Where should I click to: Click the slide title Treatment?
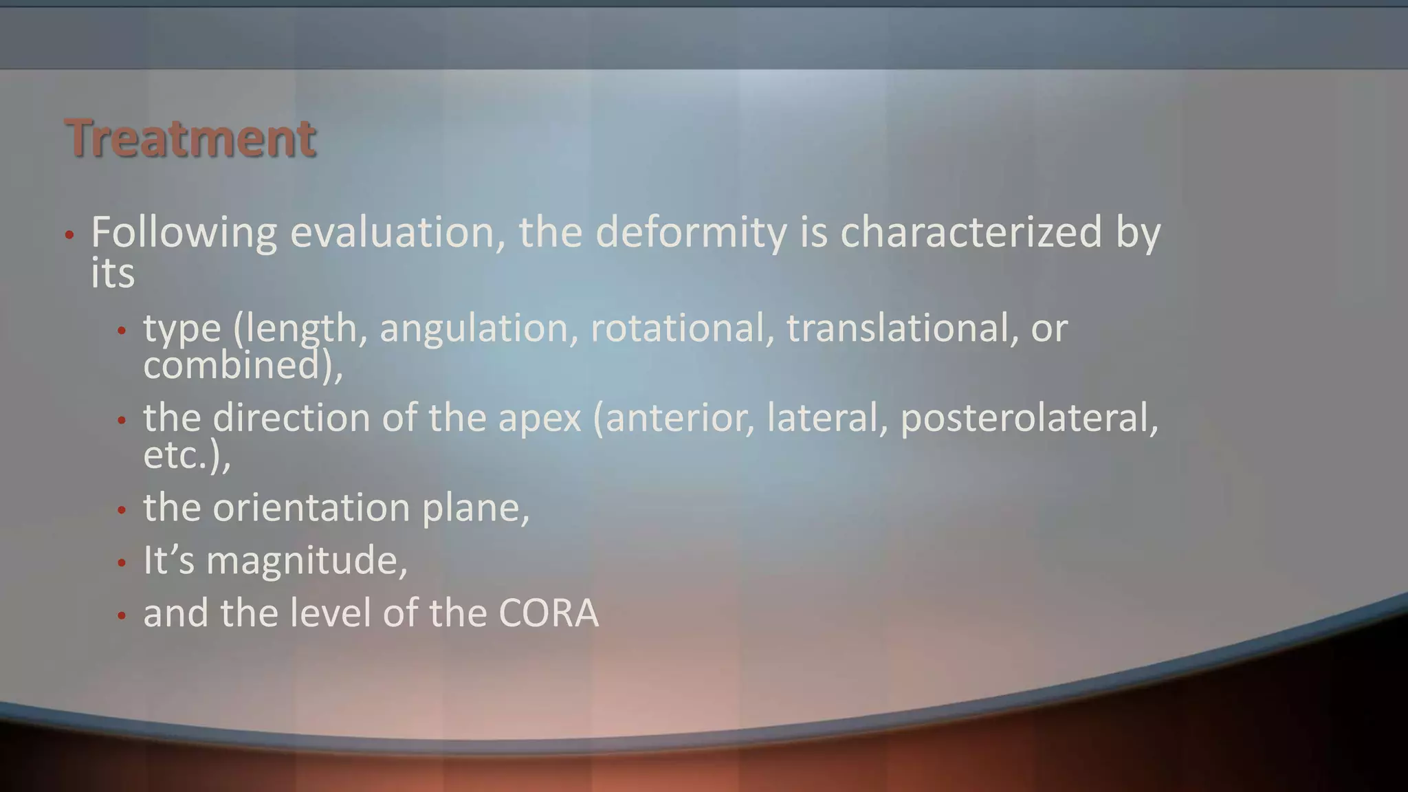click(190, 138)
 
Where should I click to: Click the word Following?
click(184, 232)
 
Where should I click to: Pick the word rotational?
click(677, 328)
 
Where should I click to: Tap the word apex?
click(539, 418)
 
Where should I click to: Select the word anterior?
click(677, 418)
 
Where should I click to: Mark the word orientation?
click(311, 508)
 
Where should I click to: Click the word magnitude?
click(306, 561)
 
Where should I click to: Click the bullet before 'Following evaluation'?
click(69, 235)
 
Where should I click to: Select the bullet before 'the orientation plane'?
click(122, 511)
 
